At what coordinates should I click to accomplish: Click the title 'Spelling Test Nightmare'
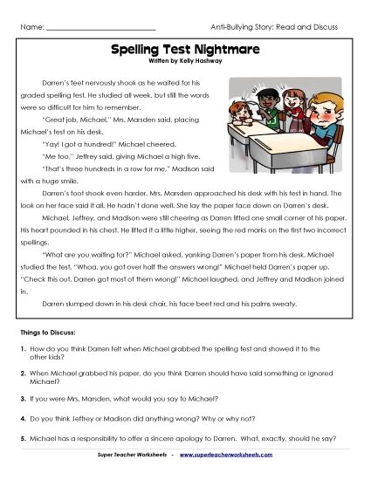[185, 51]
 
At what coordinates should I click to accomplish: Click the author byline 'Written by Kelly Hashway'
[185, 62]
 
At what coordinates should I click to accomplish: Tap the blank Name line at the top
[100, 28]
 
